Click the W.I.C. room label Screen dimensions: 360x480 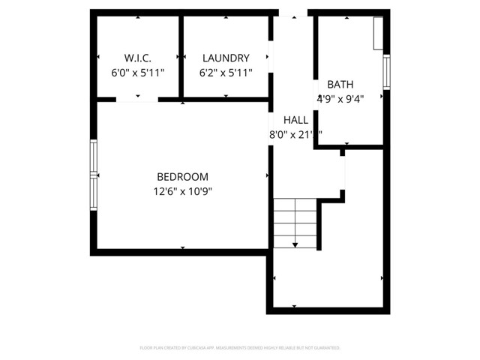[x=137, y=58]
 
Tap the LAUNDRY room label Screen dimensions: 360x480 [x=225, y=58]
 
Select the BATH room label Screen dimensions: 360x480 [x=340, y=85]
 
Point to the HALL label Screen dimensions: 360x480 [x=295, y=120]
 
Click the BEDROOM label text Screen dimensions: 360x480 [x=182, y=177]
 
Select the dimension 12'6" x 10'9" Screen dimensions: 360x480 [x=182, y=191]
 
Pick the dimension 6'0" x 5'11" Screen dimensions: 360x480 [x=137, y=73]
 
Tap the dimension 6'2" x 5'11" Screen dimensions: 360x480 [x=225, y=73]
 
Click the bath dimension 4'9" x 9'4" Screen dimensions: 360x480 [x=341, y=98]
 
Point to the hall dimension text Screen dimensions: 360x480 [x=295, y=135]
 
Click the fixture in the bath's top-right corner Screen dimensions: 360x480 [x=379, y=34]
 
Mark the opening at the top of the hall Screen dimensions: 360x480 [x=292, y=13]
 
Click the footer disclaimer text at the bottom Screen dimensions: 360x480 [x=240, y=348]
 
